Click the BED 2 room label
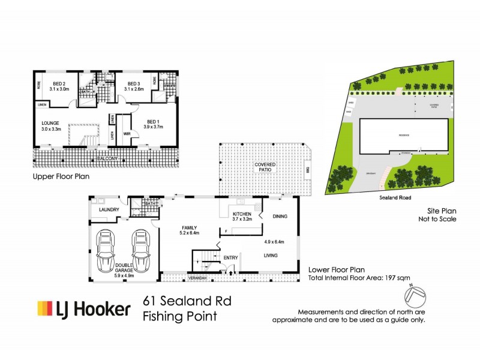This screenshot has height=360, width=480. pyautogui.click(x=59, y=83)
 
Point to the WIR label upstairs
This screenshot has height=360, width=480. pyautogui.click(x=127, y=134)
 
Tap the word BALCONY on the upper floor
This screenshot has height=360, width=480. pyautogui.click(x=104, y=158)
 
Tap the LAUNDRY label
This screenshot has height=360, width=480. pyautogui.click(x=104, y=210)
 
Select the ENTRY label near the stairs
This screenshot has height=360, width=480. pyautogui.click(x=230, y=258)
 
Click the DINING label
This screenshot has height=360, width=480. pyautogui.click(x=280, y=217)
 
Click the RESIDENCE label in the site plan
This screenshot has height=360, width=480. pyautogui.click(x=403, y=135)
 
